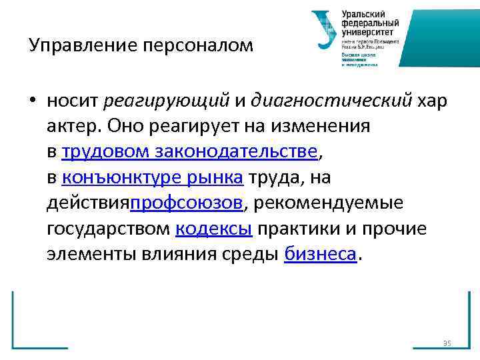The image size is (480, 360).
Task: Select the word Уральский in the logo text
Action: (364, 13)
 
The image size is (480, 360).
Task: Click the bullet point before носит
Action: (32, 101)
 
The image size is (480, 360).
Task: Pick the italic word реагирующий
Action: (167, 101)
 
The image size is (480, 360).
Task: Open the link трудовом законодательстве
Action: (190, 152)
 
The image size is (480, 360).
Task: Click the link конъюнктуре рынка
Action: (154, 177)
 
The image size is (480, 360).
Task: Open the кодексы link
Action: (214, 229)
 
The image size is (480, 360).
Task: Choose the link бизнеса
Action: (321, 254)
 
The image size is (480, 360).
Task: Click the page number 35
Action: (447, 343)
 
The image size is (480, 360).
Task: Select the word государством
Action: (109, 229)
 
